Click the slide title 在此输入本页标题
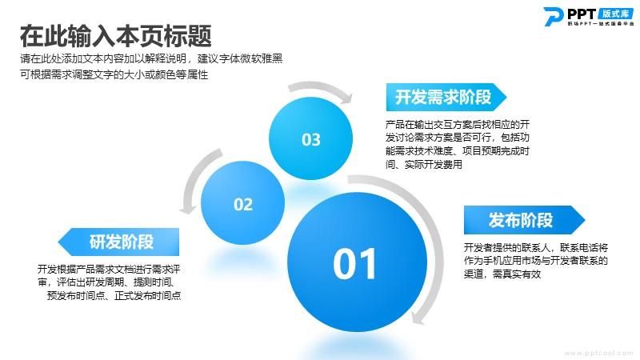click(115, 36)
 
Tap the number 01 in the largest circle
click(354, 264)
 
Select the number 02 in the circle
click(243, 204)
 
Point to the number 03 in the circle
click(311, 139)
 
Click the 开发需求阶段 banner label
click(443, 97)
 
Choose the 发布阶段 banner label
click(521, 220)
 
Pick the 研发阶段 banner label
click(122, 242)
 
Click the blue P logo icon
click(554, 16)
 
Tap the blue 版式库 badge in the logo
click(616, 14)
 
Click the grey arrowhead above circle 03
click(346, 97)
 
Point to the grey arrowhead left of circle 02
click(188, 208)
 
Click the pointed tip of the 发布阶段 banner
click(585, 220)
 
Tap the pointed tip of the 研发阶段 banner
click(58, 242)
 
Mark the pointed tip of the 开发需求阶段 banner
click(506, 97)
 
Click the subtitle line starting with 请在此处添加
click(151, 58)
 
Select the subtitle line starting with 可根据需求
click(114, 74)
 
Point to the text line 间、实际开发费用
click(424, 165)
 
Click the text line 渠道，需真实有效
click(502, 274)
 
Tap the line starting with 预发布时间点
click(114, 295)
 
